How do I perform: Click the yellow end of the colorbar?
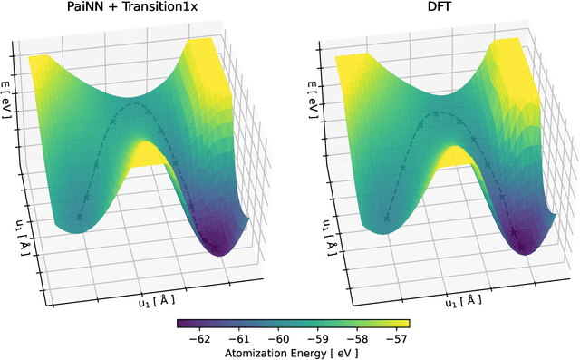tap(405, 323)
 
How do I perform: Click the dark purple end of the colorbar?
tap(182, 323)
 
